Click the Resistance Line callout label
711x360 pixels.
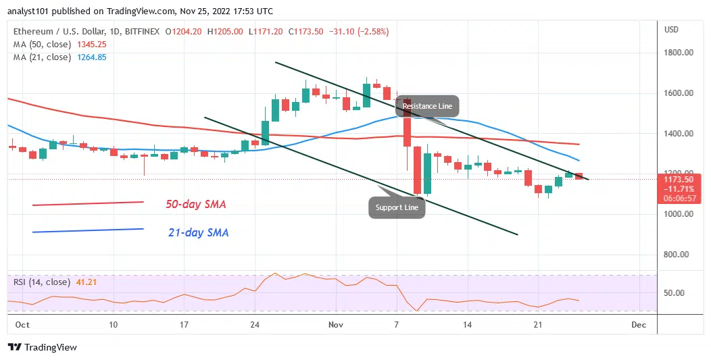[427, 106]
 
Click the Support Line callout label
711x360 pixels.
[398, 207]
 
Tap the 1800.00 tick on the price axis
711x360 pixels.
[679, 53]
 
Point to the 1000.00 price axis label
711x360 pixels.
[679, 214]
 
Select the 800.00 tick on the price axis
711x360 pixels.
[679, 255]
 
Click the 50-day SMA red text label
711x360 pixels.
[197, 204]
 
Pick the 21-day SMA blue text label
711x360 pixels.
[198, 233]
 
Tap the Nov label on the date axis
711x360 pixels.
[336, 325]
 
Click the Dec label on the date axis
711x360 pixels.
[638, 325]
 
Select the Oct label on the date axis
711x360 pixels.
[22, 325]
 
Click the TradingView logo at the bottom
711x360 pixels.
[43, 347]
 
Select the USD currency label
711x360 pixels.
[671, 30]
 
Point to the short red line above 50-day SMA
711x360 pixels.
[88, 203]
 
